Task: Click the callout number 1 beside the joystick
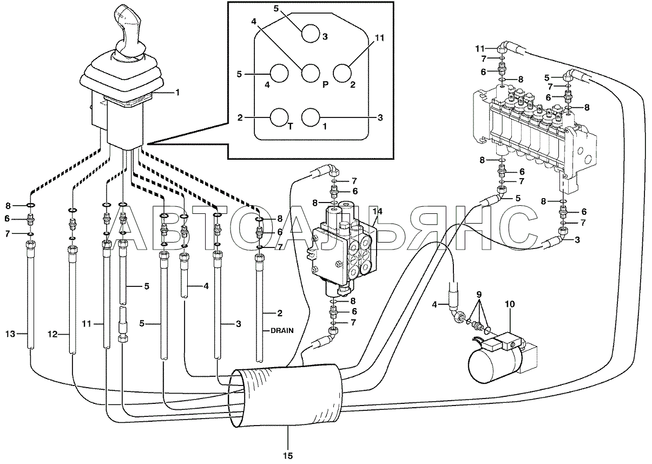tap(177, 93)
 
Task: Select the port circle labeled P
tap(310, 73)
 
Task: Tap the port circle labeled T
tap(279, 117)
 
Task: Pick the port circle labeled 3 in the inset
tap(310, 33)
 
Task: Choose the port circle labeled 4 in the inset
tap(279, 73)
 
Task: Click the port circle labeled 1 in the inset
tap(311, 117)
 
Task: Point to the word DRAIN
tap(282, 331)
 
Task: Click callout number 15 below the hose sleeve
tap(288, 455)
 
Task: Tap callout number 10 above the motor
tap(510, 304)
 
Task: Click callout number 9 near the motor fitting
tap(479, 294)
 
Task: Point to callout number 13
tap(10, 334)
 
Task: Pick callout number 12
tap(52, 334)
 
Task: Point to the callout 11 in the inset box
tap(379, 38)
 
